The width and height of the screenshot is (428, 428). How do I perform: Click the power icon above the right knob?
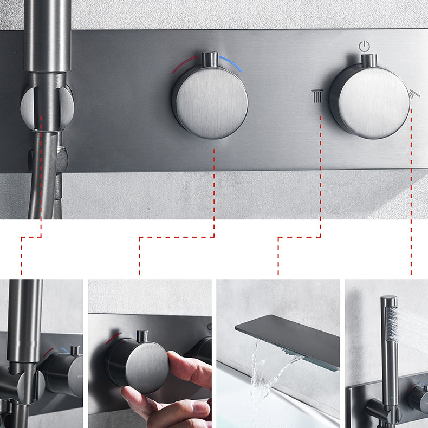tap(365, 46)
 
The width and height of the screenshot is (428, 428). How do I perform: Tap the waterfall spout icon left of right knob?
tap(317, 95)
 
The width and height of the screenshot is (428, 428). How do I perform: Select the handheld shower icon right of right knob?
tap(414, 93)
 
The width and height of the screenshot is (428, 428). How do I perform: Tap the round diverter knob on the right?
tap(370, 101)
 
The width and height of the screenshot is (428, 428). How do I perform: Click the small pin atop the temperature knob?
tap(210, 59)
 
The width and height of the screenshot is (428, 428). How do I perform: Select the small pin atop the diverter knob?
tap(369, 60)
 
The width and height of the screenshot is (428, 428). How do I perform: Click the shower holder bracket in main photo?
tap(47, 106)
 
